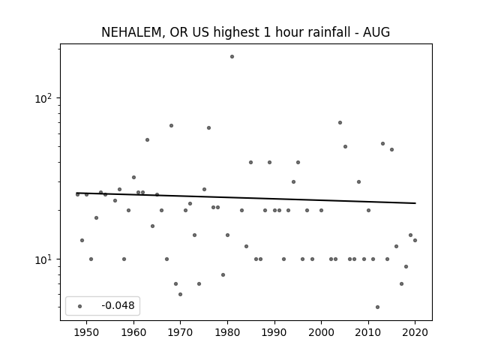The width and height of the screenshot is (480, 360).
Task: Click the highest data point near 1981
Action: (x=232, y=57)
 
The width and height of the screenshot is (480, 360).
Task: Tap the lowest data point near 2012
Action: (x=377, y=307)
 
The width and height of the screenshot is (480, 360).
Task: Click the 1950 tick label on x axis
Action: (x=87, y=332)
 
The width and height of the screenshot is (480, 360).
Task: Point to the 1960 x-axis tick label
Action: (x=133, y=332)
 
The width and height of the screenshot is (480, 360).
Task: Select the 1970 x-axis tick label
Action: (x=181, y=332)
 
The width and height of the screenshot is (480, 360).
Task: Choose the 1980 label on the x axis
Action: (x=227, y=332)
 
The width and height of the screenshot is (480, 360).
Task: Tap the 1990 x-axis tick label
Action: (x=274, y=332)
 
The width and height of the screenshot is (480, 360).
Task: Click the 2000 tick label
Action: (x=322, y=332)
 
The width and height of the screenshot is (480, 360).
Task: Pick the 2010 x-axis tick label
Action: (x=368, y=332)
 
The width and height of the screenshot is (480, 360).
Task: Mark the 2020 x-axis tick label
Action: (x=415, y=332)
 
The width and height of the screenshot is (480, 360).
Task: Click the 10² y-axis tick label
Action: (x=43, y=98)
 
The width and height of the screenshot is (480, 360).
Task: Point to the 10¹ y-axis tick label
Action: (x=43, y=259)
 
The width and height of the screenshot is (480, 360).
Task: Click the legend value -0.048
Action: (x=118, y=305)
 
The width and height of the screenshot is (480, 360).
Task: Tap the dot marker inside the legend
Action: (x=80, y=306)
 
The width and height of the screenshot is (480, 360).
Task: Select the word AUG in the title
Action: (x=376, y=32)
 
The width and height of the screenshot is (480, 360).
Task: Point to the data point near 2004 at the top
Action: (x=340, y=123)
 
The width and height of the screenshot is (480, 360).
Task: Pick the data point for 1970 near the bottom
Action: (x=180, y=295)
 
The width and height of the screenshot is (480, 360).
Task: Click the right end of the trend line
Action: (x=415, y=203)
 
